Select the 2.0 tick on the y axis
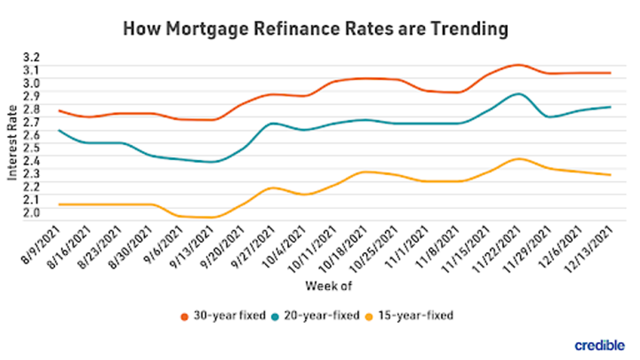32,212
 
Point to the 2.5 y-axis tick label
32,148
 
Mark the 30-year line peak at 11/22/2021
517,65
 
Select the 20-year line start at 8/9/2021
59,130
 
